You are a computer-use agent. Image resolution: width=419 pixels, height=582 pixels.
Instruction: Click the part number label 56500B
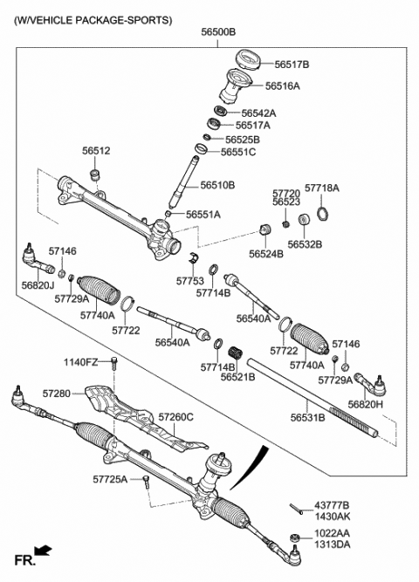point(218,32)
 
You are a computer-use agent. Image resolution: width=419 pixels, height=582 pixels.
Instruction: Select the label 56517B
point(292,65)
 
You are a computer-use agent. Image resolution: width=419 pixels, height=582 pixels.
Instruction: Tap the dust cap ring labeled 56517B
point(249,59)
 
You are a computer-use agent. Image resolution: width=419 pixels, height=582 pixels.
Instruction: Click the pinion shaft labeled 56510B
point(184,181)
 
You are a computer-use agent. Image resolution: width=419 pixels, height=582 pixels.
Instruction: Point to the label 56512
point(96,151)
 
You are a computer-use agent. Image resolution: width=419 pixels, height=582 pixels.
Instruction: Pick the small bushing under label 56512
point(96,174)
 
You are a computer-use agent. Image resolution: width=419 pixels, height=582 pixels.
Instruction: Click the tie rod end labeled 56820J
point(38,259)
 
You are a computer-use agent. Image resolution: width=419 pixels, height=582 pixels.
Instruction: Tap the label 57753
point(190,281)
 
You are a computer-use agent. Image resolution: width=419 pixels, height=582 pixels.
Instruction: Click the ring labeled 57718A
point(323,214)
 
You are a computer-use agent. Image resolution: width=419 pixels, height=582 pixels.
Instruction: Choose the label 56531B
point(307,418)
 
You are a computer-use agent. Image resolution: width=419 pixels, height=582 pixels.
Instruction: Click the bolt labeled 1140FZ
point(114,363)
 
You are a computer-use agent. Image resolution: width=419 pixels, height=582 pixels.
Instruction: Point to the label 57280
point(57,394)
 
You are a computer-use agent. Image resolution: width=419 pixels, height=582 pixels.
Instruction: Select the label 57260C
point(176,417)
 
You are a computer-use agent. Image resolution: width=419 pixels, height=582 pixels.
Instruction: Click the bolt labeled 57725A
point(146,482)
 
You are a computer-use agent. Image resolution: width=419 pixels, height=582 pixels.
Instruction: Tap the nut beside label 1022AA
point(294,537)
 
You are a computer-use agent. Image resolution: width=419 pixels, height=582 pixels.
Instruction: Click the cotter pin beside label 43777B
point(297,509)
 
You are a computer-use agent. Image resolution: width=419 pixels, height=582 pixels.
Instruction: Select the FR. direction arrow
point(44,550)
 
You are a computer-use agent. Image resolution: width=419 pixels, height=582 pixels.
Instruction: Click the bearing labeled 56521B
point(236,352)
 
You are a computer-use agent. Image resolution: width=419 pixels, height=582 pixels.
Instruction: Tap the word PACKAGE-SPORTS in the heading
point(124,20)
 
